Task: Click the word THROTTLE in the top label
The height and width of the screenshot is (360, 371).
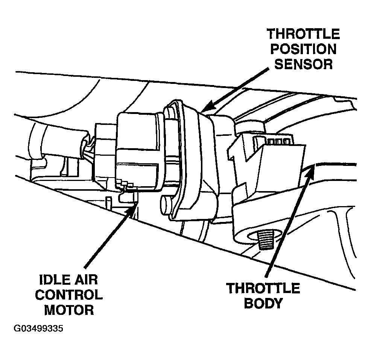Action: pyautogui.click(x=303, y=34)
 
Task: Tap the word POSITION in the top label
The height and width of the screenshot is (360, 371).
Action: pyautogui.click(x=304, y=49)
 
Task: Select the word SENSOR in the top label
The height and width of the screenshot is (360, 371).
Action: pyautogui.click(x=303, y=64)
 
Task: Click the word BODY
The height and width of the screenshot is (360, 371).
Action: pyautogui.click(x=263, y=303)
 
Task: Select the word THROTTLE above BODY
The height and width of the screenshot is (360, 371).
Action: pyautogui.click(x=263, y=289)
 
